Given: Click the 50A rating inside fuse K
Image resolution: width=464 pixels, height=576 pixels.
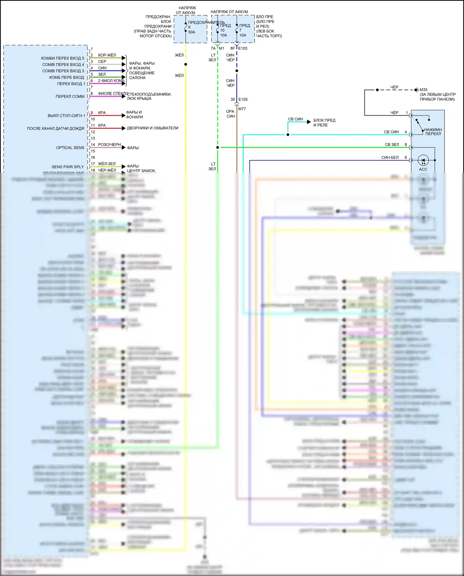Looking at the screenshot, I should pos(191,32).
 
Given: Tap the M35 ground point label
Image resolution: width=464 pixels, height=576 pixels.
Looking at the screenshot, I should pos(423,90).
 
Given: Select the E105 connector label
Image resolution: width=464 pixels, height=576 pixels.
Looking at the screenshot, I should pos(243,99).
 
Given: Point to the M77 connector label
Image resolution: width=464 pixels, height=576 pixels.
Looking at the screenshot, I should pos(242,109).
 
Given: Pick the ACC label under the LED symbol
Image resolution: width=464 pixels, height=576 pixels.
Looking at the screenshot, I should pos(423,169).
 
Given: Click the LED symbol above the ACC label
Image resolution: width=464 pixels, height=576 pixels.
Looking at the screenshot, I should pos(423,160).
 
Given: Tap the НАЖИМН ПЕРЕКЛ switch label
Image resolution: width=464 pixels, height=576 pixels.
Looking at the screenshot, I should pos(433,132).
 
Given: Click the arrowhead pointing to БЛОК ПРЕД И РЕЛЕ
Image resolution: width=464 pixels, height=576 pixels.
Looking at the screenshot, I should pos(309,122).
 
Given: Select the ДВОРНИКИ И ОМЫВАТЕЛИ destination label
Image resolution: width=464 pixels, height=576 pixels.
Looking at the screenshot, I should pos(153,128).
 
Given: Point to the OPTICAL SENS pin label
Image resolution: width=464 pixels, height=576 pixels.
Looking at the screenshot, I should pos(70,148).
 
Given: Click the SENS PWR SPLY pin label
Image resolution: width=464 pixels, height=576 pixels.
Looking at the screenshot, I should pos(67,167).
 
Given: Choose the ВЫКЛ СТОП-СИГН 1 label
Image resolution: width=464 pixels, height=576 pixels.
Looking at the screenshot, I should pos(66,115).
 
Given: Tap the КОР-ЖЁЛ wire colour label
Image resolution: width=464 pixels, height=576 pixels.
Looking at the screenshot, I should pos(107,55).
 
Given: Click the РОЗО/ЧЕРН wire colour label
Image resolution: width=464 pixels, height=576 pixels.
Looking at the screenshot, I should pos(109,145).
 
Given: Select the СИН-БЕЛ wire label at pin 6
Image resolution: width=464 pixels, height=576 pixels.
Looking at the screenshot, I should pos(390,158).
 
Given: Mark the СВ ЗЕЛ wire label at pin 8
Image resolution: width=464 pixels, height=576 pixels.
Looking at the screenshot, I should pos(392,145).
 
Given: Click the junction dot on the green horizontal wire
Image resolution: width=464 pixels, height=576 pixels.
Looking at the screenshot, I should pos(217,147).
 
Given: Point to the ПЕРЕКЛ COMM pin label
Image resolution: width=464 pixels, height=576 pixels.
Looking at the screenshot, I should pos(70,96).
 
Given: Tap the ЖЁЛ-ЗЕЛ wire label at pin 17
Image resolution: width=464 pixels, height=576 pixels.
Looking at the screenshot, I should pos(107,164).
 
